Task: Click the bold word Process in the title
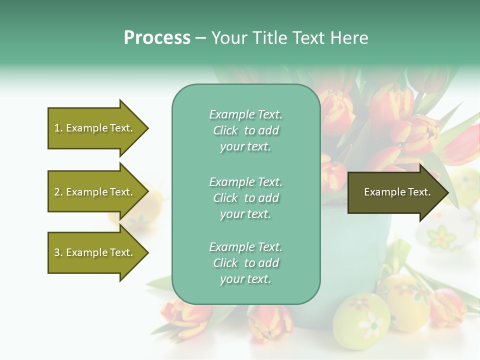[157, 38]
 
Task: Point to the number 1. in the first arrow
[58, 128]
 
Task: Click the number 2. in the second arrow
[58, 192]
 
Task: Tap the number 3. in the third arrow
[58, 253]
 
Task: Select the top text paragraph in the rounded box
[245, 130]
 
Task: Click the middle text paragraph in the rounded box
[245, 198]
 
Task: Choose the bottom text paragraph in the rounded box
[245, 263]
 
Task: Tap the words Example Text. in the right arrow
[397, 192]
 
